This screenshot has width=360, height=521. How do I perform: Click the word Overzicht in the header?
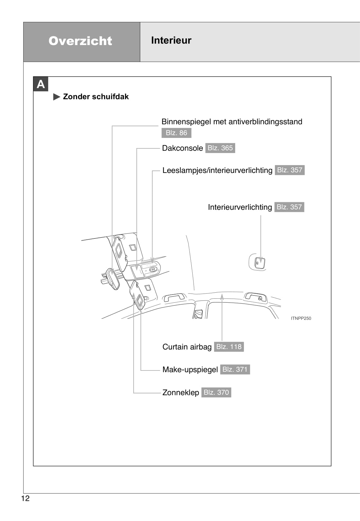(x=80, y=41)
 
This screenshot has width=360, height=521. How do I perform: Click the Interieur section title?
(x=171, y=40)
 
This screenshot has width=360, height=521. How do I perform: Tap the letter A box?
(x=41, y=84)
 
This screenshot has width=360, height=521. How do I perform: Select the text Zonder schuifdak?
(x=96, y=97)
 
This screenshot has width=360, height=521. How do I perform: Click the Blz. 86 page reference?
(x=176, y=133)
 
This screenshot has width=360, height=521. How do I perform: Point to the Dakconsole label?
(x=182, y=148)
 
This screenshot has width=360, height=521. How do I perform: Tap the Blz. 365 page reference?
(x=220, y=148)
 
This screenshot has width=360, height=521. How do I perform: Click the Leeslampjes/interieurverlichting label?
(x=217, y=170)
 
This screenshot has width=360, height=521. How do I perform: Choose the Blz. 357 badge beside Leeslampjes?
(x=289, y=170)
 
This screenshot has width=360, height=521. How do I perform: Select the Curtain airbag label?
(x=187, y=347)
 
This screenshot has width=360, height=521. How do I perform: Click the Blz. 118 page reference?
(x=229, y=347)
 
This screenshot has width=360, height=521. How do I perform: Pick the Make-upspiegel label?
(x=190, y=369)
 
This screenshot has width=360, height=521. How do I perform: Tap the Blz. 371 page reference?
(x=235, y=369)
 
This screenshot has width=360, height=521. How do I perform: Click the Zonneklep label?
(x=181, y=392)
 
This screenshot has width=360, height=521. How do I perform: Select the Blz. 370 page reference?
(x=216, y=392)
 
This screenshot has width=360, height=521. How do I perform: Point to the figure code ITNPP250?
(x=301, y=318)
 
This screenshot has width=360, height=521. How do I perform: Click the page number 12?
(x=25, y=498)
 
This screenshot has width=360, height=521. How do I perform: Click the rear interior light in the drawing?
(x=260, y=262)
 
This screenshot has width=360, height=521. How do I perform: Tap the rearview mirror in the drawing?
(x=113, y=279)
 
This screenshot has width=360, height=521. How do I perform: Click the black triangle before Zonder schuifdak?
(x=57, y=97)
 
